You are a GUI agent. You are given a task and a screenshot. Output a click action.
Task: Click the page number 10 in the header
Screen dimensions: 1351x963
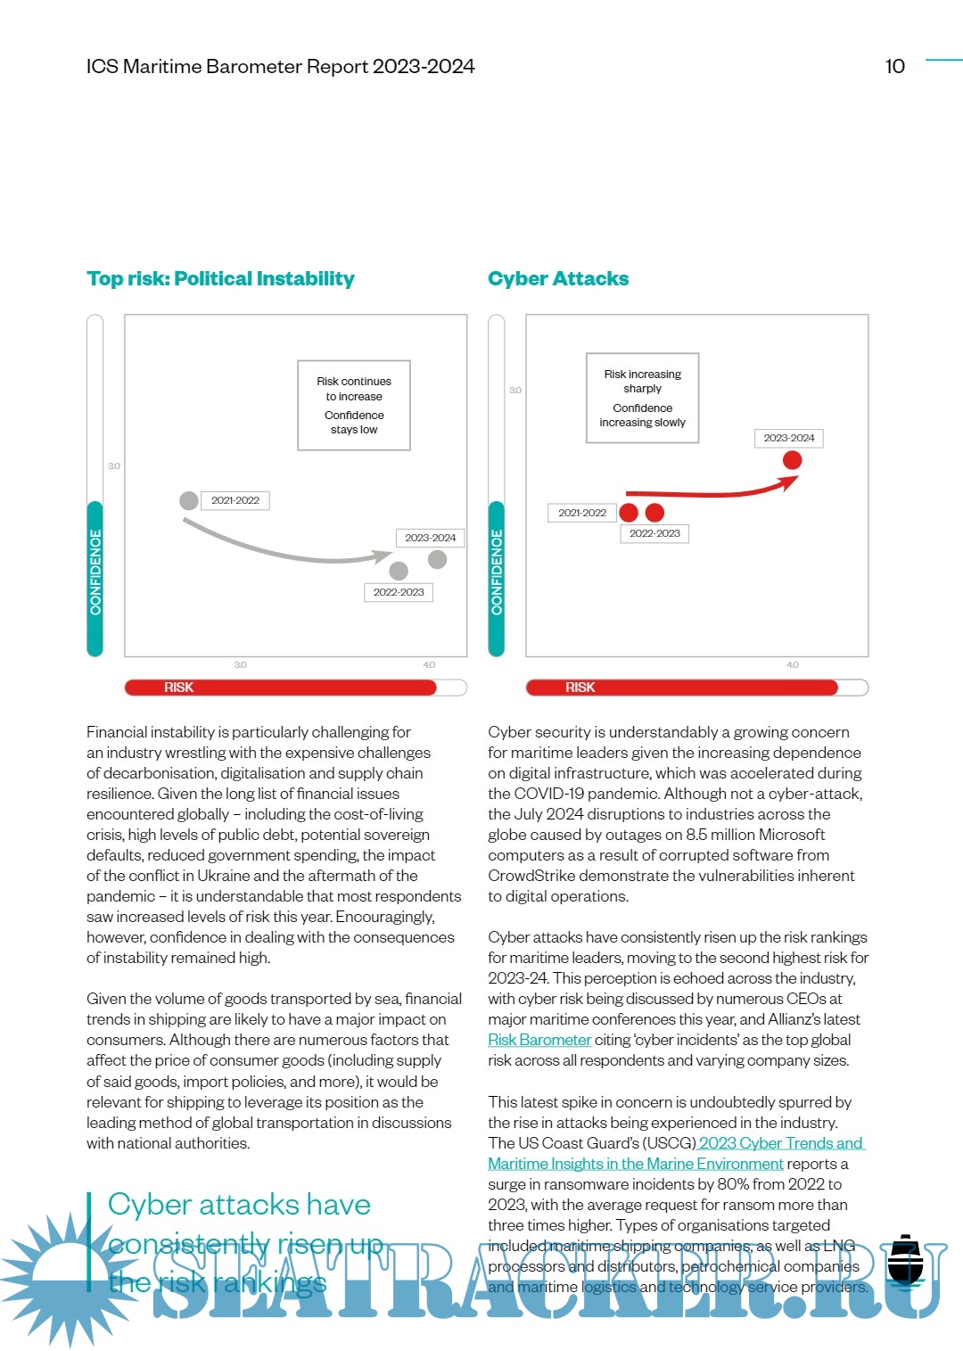(894, 67)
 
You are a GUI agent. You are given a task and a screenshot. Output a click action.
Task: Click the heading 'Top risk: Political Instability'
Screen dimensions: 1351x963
(220, 279)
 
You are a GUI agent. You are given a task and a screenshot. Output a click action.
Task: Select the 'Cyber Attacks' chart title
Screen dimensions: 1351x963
(558, 279)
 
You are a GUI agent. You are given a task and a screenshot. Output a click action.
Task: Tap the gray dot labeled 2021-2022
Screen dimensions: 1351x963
(189, 500)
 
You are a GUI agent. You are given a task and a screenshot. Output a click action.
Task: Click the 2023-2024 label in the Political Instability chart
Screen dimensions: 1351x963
(430, 538)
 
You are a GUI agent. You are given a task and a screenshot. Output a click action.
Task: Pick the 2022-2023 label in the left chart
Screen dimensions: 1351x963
(399, 592)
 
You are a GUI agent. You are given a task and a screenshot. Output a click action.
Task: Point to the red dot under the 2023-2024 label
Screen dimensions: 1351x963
(792, 460)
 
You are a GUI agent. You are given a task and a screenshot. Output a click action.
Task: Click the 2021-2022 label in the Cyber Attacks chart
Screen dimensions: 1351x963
(581, 513)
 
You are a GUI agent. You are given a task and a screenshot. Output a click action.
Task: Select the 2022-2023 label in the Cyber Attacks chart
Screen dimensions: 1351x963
(654, 533)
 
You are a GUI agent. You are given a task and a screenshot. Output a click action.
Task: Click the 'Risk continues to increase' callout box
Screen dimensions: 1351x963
(354, 406)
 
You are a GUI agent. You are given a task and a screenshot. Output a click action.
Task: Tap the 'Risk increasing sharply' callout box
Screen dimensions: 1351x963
(642, 398)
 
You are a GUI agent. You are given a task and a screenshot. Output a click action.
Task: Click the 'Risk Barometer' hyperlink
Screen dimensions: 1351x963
(539, 1040)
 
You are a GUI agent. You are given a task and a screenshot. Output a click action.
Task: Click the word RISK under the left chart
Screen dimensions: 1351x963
(178, 688)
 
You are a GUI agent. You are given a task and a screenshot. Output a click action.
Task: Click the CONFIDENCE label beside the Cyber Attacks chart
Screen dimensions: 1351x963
(497, 573)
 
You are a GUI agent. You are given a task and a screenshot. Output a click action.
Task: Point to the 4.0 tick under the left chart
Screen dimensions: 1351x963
(429, 665)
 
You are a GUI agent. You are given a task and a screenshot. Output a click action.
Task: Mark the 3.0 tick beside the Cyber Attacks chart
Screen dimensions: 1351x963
(515, 391)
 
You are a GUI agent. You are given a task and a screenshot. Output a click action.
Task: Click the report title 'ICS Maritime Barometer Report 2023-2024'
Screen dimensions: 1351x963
(280, 67)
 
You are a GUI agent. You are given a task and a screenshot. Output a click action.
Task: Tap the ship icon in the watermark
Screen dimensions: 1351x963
(906, 1260)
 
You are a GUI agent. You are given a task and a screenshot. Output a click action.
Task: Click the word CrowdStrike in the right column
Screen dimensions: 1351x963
(531, 876)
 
